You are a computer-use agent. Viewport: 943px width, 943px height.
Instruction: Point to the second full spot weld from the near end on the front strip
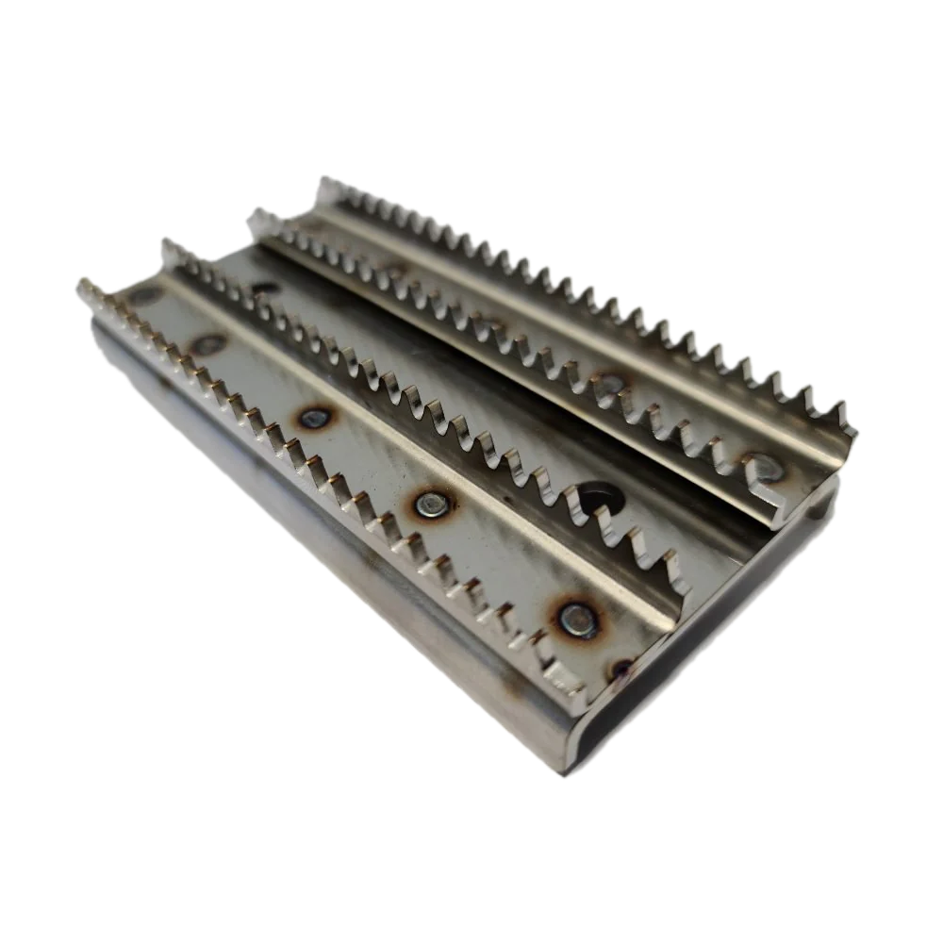point(430,505)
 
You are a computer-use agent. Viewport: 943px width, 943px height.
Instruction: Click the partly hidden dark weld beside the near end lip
point(620,670)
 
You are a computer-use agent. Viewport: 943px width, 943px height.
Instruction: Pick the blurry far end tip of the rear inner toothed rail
point(253,219)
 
